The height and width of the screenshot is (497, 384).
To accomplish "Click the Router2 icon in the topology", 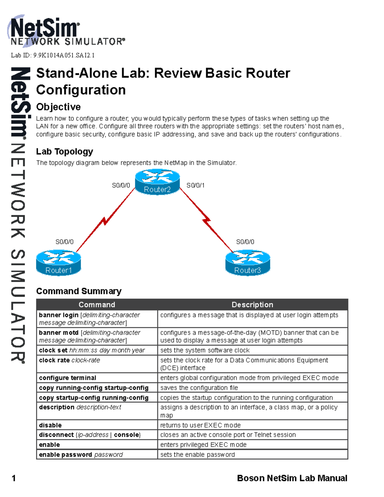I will click(x=157, y=182).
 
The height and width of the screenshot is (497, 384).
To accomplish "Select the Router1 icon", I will click(x=59, y=263).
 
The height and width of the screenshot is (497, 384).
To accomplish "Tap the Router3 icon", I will click(x=248, y=263).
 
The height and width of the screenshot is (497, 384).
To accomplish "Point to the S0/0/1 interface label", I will click(x=196, y=185).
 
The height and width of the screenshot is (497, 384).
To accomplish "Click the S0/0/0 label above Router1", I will click(x=65, y=242).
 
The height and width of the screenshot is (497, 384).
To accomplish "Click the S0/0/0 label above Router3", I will click(x=245, y=242).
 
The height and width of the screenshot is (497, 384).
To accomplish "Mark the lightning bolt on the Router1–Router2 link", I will click(x=105, y=221).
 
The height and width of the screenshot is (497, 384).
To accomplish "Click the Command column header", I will click(x=97, y=305).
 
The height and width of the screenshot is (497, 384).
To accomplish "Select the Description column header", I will click(x=252, y=305).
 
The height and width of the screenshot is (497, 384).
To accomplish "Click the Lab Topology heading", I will click(x=65, y=151).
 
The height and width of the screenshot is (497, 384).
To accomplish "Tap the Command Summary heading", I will click(x=79, y=291).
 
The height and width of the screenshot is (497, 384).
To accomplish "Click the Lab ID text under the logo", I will click(x=53, y=55).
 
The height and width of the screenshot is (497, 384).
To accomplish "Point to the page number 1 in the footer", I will click(x=14, y=478).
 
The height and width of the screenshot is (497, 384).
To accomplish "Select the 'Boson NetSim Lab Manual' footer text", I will click(x=292, y=478).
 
